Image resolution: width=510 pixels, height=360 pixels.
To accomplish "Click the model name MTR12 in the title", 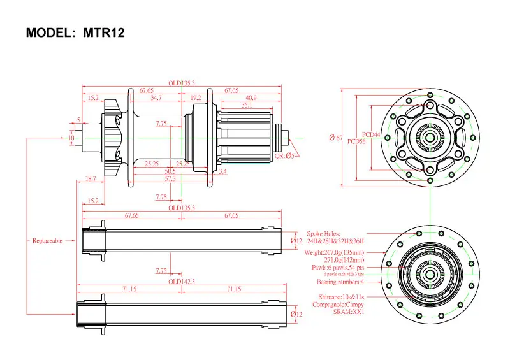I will pos(103,32).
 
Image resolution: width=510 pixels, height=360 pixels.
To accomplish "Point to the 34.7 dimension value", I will pos(156,97).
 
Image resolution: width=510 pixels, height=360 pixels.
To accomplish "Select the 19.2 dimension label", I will pos(196,97).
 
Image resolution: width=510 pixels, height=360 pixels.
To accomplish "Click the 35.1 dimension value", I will pos(247,105).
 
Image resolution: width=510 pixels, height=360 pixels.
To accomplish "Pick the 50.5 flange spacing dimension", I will pos(170,171).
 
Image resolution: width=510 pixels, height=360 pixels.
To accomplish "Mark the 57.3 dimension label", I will pos(170,179).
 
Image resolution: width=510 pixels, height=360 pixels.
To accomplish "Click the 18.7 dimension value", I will pos(91,180).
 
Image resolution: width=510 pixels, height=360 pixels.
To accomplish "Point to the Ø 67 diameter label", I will pos(335,138).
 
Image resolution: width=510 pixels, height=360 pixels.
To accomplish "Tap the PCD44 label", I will pos(371,134).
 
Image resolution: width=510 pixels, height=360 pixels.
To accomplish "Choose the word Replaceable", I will pos(48,240).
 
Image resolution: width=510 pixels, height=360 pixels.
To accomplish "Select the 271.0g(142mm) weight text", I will pos(344,260).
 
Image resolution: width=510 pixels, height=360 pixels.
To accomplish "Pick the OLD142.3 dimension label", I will pos(181,281).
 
